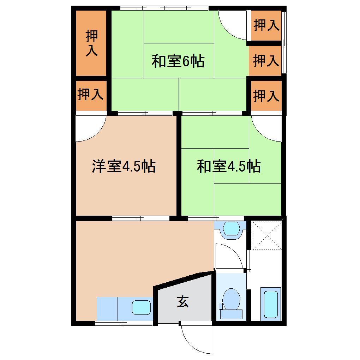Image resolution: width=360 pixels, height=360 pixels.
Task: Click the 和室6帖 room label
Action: coord(178,61)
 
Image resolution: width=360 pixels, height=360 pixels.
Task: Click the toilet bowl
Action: coord(232,299)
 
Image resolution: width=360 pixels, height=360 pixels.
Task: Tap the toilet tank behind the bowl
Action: coord(231,314)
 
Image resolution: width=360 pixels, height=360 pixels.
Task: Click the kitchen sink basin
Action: coord(141,307)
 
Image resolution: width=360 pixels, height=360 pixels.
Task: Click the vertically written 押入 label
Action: coord(91,43)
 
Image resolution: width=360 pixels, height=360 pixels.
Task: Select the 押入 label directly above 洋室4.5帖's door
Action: coord(91,95)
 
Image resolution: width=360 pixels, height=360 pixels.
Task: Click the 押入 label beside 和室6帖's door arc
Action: coord(266,25)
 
